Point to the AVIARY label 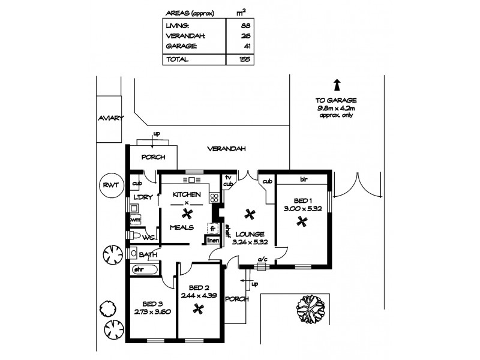(x=110, y=119)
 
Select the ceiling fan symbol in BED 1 (x=302, y=221)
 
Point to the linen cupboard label (x=212, y=241)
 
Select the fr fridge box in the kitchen (x=212, y=228)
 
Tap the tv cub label (x=228, y=181)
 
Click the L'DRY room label (x=142, y=197)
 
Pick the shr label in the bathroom (x=137, y=270)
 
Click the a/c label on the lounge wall (x=262, y=260)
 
